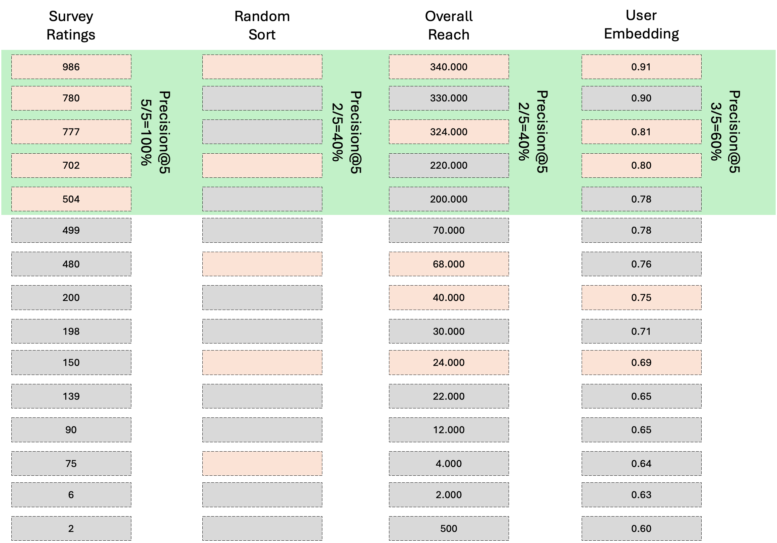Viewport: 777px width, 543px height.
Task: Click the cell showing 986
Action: [71, 67]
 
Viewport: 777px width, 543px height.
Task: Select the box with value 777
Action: [71, 132]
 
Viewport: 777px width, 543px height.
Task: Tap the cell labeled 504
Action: [71, 199]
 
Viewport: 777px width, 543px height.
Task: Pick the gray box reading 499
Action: [71, 230]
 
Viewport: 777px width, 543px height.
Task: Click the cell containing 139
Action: [71, 396]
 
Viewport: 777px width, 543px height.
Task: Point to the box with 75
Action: [71, 464]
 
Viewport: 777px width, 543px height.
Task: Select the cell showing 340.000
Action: [449, 67]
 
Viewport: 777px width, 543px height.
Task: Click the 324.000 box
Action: [449, 132]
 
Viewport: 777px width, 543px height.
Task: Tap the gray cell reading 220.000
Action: [449, 165]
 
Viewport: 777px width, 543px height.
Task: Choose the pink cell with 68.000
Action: [449, 264]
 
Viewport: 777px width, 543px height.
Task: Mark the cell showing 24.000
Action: [449, 363]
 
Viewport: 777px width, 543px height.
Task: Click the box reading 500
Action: [449, 529]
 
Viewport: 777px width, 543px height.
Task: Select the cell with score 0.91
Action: [641, 67]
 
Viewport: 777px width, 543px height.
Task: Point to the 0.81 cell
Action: [641, 132]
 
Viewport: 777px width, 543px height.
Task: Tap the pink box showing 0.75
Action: [641, 298]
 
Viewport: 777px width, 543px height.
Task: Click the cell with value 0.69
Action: [641, 363]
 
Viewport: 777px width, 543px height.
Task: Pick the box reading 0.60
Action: [641, 529]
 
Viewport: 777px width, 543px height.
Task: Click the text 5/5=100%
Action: [146, 132]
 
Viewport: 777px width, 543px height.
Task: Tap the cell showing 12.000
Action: [449, 430]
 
